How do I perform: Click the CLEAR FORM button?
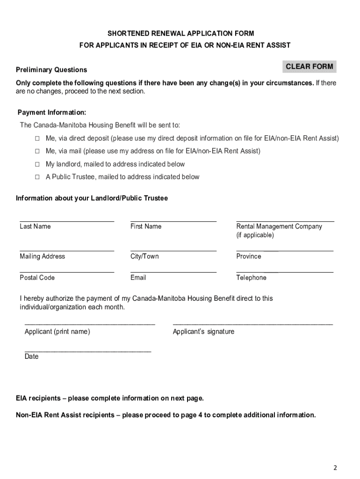[x=309, y=66]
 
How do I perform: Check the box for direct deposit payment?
[x=37, y=139]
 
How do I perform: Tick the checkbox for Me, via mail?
[x=37, y=152]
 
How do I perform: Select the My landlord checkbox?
[x=37, y=165]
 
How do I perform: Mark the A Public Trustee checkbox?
[x=37, y=177]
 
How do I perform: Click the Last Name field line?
[x=67, y=220]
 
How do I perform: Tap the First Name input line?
[x=173, y=220]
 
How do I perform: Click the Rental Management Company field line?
[x=285, y=220]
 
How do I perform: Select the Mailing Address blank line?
[x=67, y=250]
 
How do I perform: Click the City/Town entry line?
[x=173, y=250]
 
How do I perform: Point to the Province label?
[x=249, y=256]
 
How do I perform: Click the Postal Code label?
[x=37, y=278]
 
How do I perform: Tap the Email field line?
[x=173, y=271]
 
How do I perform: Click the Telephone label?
[x=251, y=278]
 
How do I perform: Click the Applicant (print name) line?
[x=89, y=324]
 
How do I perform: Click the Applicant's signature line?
[x=252, y=324]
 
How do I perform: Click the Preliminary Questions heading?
[x=51, y=70]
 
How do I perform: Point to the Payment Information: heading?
[x=52, y=113]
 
